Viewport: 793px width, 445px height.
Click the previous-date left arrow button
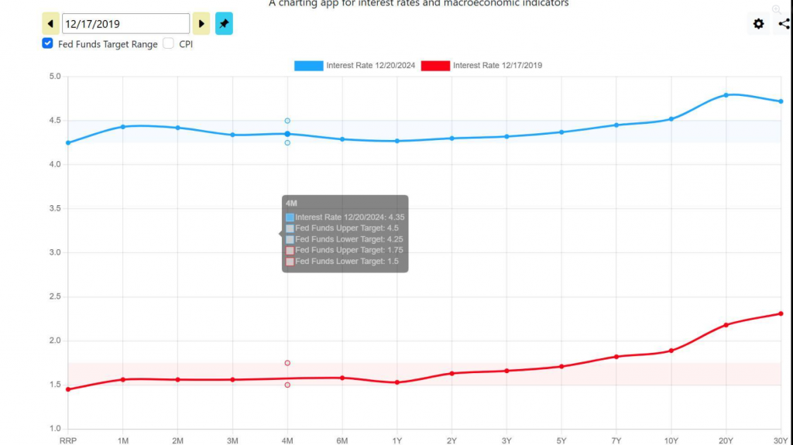(50, 24)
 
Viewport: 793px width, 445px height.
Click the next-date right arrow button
(201, 24)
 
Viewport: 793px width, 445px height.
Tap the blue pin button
(224, 24)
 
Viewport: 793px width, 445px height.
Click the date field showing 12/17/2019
(125, 24)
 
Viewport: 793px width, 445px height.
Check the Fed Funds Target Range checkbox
(48, 44)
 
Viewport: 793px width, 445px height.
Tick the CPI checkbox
(168, 44)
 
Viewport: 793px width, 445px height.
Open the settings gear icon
(758, 24)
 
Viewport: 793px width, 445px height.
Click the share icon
(784, 24)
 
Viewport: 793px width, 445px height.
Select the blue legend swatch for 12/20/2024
(308, 66)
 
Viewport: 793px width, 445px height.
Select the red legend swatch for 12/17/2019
(435, 66)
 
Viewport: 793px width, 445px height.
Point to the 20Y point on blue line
(726, 95)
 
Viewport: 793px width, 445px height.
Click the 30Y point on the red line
(781, 313)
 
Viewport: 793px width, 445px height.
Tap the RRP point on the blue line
(68, 142)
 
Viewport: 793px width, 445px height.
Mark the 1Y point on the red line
(397, 382)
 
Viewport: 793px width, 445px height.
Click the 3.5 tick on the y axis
(54, 209)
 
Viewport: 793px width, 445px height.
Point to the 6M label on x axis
(342, 440)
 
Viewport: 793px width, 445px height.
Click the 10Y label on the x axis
(671, 440)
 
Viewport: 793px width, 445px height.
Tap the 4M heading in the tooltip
(290, 203)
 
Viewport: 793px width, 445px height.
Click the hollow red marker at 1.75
(287, 363)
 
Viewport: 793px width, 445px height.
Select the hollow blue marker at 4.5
(287, 121)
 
